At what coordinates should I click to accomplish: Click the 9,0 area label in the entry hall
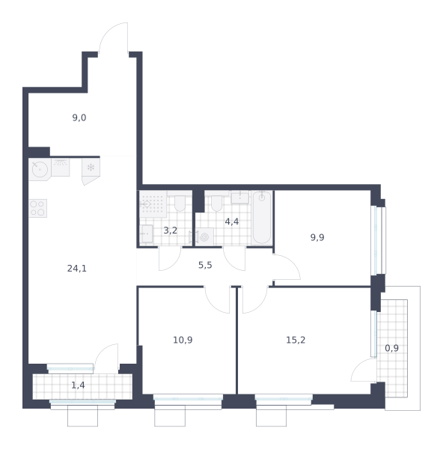79,117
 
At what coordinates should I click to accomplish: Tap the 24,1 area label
77,269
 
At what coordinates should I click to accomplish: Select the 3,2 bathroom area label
170,230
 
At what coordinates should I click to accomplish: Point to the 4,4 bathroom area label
232,222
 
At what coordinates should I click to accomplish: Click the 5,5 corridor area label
205,265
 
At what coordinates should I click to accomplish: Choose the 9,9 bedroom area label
317,237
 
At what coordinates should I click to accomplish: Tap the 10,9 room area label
183,340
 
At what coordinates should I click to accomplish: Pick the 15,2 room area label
296,340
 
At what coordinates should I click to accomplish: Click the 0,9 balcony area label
391,348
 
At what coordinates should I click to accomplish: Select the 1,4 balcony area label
78,385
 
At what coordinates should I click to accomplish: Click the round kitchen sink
40,169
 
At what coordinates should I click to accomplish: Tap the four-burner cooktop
37,208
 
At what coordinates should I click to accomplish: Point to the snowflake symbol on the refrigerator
91,167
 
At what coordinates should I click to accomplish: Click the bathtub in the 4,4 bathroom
261,218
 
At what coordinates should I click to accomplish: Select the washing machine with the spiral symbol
204,236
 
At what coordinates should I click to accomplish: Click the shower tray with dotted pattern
153,204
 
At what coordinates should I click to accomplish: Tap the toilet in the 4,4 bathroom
217,203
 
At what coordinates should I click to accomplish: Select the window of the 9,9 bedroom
378,240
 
